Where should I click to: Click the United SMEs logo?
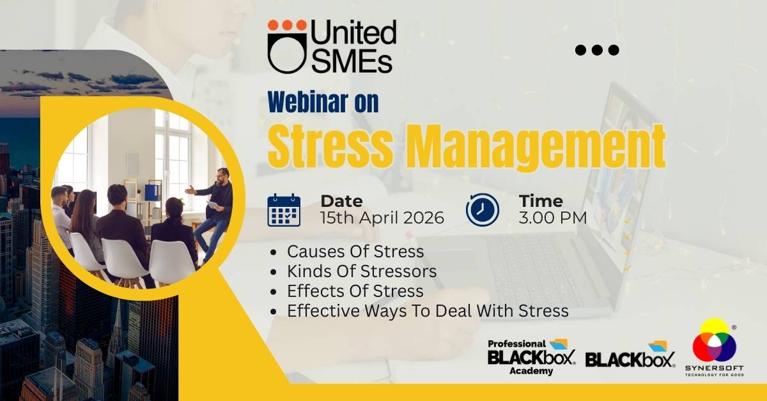(332, 46)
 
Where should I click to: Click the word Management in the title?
(538, 148)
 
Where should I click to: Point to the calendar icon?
(284, 209)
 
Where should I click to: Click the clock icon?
(482, 209)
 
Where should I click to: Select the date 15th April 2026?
(382, 218)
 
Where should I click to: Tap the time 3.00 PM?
(553, 218)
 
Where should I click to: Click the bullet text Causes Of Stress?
(355, 252)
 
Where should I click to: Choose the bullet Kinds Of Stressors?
(362, 271)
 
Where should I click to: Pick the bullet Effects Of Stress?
(355, 291)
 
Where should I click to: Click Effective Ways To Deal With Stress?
(428, 311)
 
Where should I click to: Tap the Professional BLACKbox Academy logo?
(531, 357)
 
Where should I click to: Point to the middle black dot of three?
(597, 50)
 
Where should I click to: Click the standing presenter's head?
(222, 176)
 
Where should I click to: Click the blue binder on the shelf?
(152, 192)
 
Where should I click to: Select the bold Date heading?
(342, 201)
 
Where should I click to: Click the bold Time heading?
(541, 201)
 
